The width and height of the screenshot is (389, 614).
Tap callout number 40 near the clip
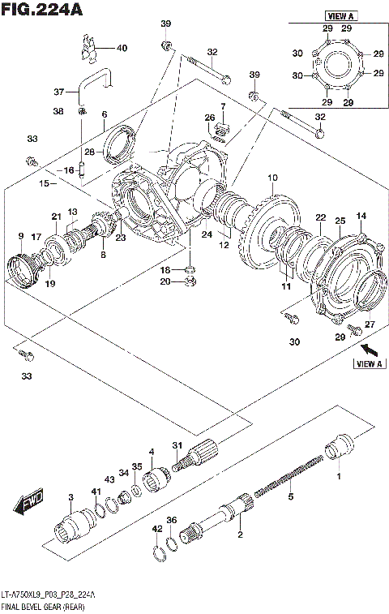tap(122, 48)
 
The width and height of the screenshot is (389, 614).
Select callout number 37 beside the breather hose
tap(58, 91)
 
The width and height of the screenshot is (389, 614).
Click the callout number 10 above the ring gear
tap(271, 178)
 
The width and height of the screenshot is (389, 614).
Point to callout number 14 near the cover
tap(361, 215)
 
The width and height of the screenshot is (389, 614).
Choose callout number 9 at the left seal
tap(20, 236)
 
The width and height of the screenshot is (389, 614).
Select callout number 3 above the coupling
tap(71, 496)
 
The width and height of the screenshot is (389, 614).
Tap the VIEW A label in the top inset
tap(336, 15)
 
